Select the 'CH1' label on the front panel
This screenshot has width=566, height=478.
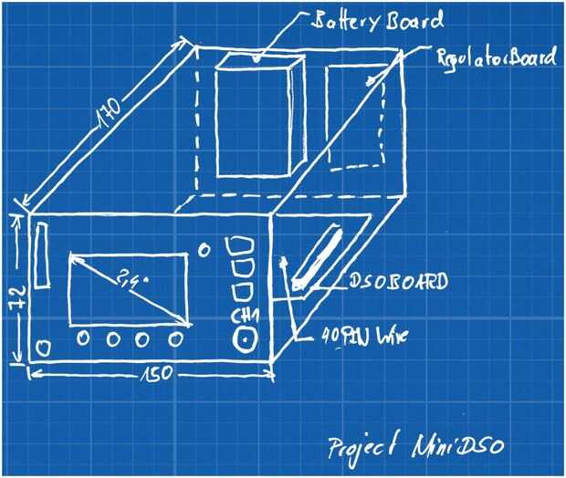(x=244, y=317)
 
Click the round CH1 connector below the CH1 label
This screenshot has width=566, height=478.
(x=245, y=339)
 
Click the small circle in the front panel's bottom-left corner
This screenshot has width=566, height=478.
(x=42, y=348)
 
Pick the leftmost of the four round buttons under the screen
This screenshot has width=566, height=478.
(x=84, y=338)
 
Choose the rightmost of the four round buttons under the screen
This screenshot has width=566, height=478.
(x=174, y=339)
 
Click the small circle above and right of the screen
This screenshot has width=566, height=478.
(x=204, y=249)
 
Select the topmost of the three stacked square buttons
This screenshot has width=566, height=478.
(x=239, y=247)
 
